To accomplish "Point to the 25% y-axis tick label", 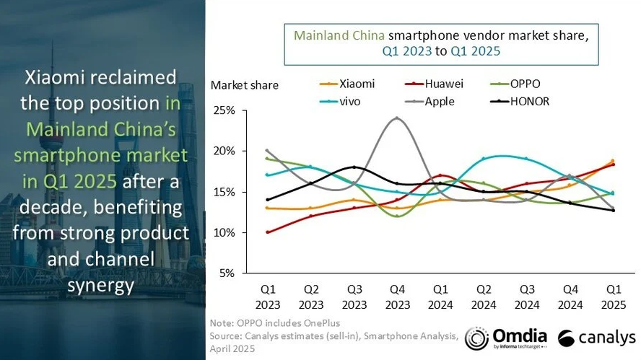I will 224,111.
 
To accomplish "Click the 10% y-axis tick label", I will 224,233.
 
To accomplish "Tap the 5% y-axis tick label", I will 226,273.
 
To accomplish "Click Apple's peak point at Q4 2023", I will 396,118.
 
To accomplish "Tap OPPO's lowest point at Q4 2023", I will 396,216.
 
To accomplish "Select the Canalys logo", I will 596,338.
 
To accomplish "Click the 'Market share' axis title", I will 244,85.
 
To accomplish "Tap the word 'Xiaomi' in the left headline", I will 58,77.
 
